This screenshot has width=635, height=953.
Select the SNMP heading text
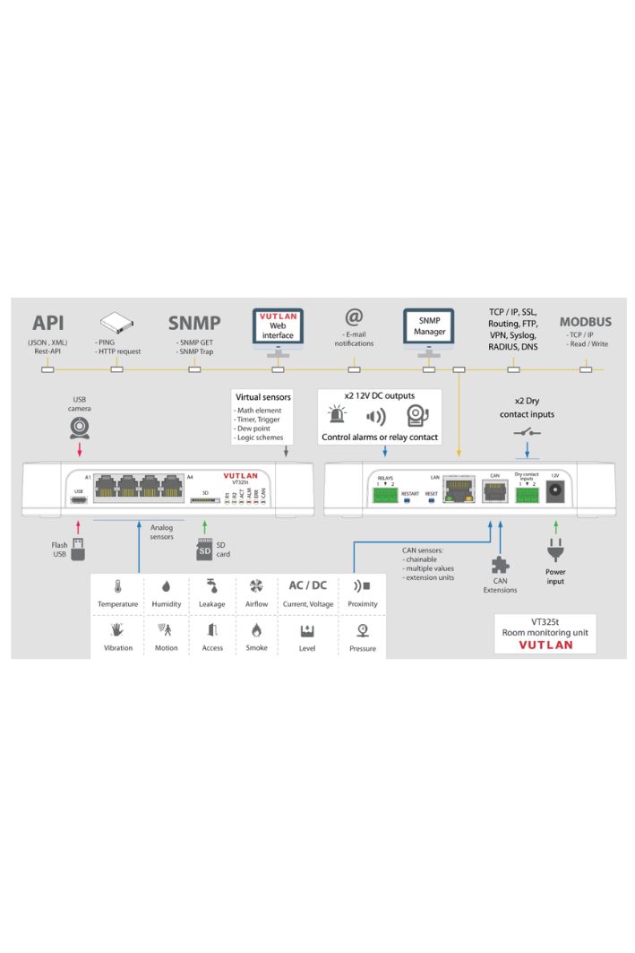194,323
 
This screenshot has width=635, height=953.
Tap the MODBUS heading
586,322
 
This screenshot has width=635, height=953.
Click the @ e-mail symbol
354,317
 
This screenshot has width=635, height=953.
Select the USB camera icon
81,428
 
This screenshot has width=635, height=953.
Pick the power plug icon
555,550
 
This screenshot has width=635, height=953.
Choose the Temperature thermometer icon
118,586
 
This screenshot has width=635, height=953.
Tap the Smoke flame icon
256,630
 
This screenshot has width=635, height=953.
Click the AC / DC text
307,585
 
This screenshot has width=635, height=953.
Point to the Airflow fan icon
256,586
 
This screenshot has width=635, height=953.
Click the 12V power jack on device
555,489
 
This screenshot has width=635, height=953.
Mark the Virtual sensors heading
261,396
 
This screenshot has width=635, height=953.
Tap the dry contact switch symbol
527,432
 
